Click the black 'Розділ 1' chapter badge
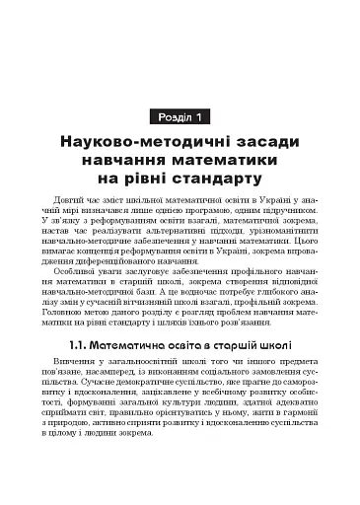[x=179, y=118]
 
